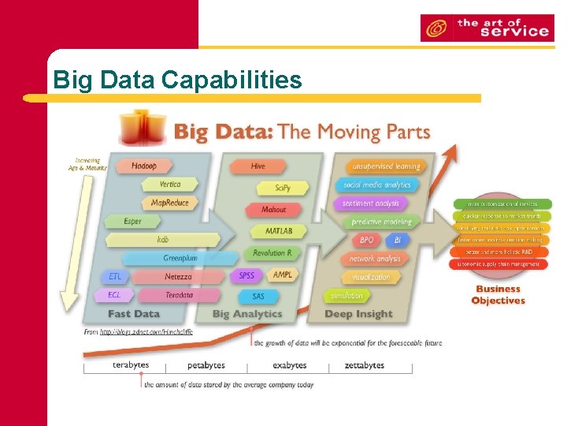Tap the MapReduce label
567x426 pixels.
tap(169, 203)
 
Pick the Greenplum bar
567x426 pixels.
tap(179, 258)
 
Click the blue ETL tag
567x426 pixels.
tap(115, 277)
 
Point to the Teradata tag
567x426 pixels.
tap(179, 295)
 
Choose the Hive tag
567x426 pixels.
tap(258, 166)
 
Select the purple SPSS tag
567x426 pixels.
tap(246, 276)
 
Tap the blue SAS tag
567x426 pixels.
tap(258, 296)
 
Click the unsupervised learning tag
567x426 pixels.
tap(386, 166)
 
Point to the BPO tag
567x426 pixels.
tap(367, 240)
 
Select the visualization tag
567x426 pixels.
tap(370, 277)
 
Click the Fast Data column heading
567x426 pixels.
tap(133, 314)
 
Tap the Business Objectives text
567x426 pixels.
tap(498, 295)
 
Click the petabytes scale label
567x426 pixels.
tap(206, 365)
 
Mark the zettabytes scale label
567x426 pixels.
tap(365, 365)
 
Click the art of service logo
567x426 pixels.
tap(485, 28)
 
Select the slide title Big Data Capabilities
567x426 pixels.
tap(177, 80)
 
